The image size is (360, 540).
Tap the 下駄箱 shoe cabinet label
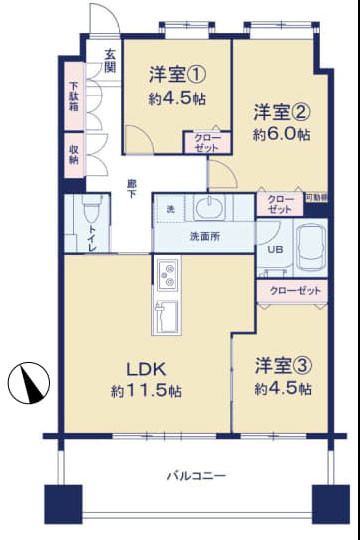(74, 103)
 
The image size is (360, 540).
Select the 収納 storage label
(74, 154)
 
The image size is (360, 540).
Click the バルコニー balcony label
(196, 475)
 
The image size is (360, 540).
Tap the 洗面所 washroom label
(205, 237)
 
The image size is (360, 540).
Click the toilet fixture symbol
(92, 211)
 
